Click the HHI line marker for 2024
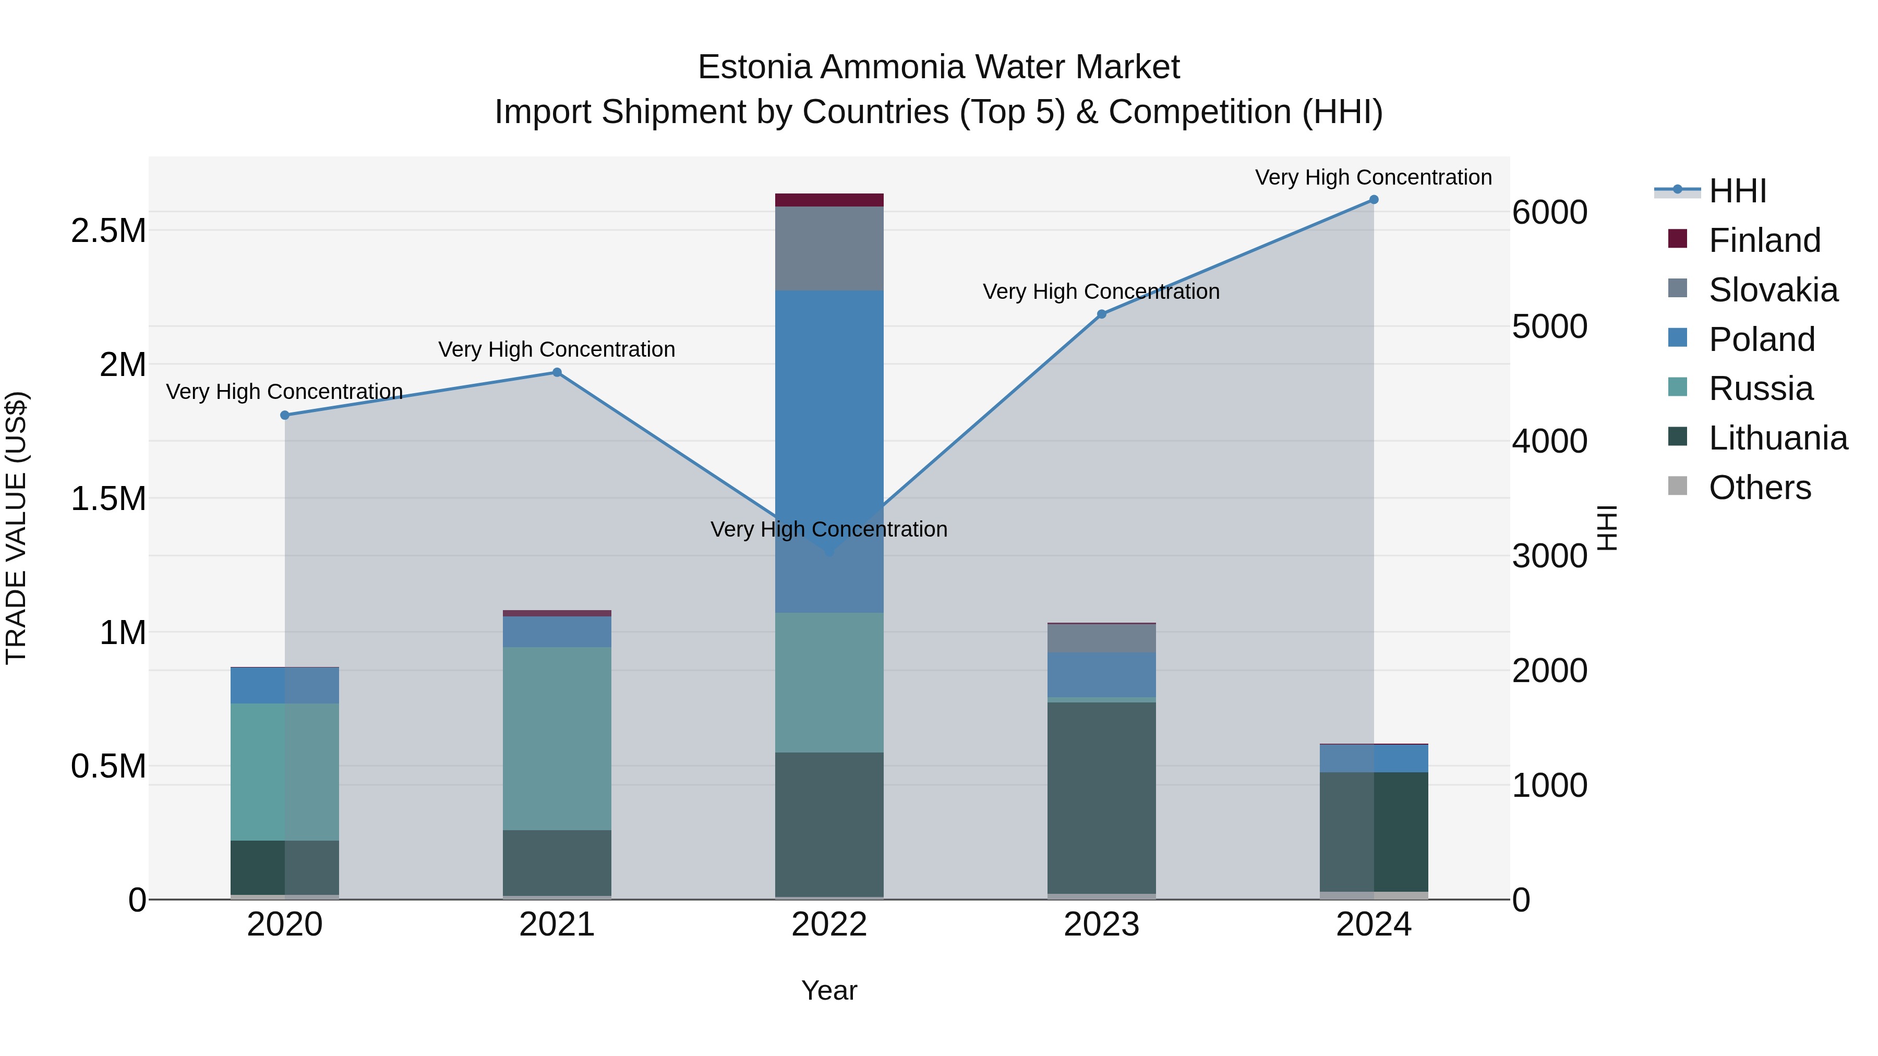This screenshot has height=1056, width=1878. [x=1374, y=200]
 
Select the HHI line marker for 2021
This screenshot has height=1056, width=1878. [x=557, y=372]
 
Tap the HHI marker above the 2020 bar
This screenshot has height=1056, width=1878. [x=285, y=416]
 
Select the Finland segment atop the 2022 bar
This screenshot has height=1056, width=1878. [x=829, y=200]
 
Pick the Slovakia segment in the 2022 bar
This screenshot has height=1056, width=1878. [x=829, y=249]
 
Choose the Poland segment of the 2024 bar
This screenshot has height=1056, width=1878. [x=1374, y=758]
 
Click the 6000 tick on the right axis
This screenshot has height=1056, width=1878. [x=1549, y=212]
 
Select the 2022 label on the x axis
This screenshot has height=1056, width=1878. [x=829, y=925]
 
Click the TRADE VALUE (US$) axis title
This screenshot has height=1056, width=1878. [x=16, y=528]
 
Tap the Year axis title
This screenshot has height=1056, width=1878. [x=829, y=990]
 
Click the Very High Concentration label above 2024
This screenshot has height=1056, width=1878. [x=1374, y=177]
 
